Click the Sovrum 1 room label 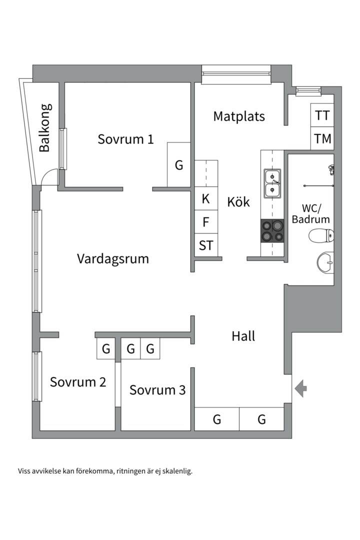(x=125, y=139)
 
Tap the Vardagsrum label (x=113, y=258)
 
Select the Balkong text (x=45, y=127)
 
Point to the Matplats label (x=238, y=116)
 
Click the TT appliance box (x=322, y=115)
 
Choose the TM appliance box (x=322, y=138)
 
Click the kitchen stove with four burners (x=272, y=231)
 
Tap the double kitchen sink (x=272, y=183)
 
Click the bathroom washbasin (x=325, y=261)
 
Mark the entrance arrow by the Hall (x=300, y=388)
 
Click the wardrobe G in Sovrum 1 (x=179, y=165)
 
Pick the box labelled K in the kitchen (x=206, y=199)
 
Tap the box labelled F (x=206, y=221)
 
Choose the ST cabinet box (x=206, y=245)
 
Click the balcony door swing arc (x=49, y=176)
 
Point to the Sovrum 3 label (x=157, y=390)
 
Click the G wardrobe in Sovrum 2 (x=106, y=349)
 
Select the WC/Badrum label (x=311, y=213)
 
